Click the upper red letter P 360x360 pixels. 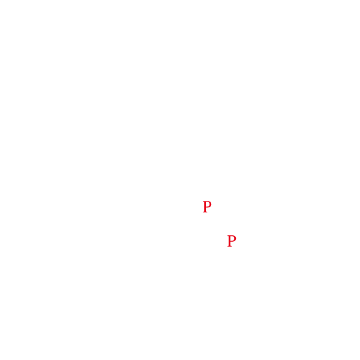click(x=207, y=207)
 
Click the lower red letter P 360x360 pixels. click(x=232, y=241)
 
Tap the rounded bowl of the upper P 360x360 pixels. click(x=209, y=205)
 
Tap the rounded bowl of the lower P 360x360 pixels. click(x=234, y=239)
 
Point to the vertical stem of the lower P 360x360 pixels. click(x=230, y=241)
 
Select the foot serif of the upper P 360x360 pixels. click(x=205, y=212)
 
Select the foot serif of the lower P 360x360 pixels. click(x=230, y=246)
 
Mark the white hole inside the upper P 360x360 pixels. click(x=208, y=205)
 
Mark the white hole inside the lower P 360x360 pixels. click(x=232, y=239)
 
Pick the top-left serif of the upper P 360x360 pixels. click(x=204, y=202)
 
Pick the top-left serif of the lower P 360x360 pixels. click(x=229, y=236)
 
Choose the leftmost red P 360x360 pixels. click(x=207, y=207)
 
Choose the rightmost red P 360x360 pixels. click(x=232, y=241)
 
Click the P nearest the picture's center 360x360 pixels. click(x=207, y=207)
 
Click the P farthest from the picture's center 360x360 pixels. click(x=232, y=241)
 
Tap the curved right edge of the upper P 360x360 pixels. click(x=211, y=205)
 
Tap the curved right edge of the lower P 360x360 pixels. click(x=236, y=239)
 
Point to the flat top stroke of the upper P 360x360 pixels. click(x=207, y=202)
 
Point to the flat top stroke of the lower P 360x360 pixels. click(x=232, y=236)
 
